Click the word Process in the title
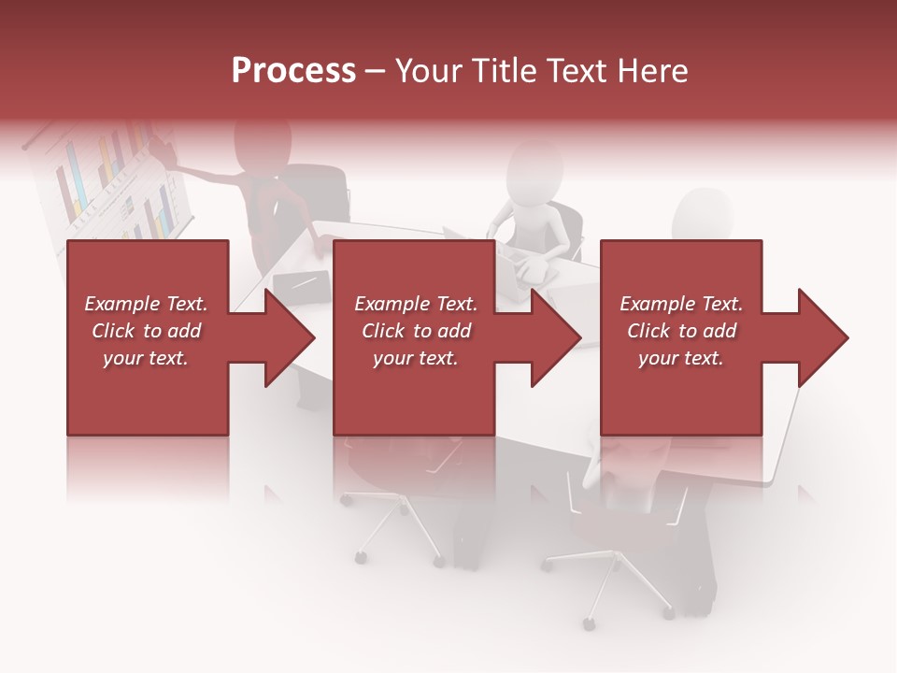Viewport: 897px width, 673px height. (293, 71)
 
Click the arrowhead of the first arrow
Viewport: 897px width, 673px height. (291, 337)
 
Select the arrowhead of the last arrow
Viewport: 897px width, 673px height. (823, 337)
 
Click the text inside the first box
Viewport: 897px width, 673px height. (147, 331)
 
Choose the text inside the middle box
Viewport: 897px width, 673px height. (416, 331)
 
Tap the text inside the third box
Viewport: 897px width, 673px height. (681, 331)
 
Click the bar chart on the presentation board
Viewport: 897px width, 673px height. (112, 182)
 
